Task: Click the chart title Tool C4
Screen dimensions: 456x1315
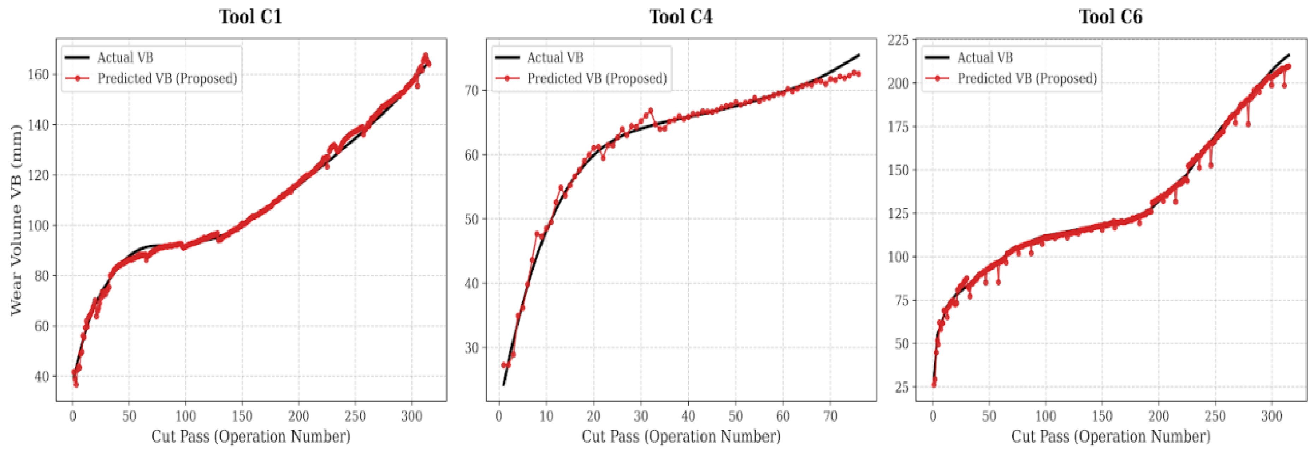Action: pyautogui.click(x=681, y=17)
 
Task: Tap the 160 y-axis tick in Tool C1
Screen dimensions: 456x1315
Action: pyautogui.click(x=38, y=74)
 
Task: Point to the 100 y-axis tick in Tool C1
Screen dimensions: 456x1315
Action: pyautogui.click(x=38, y=226)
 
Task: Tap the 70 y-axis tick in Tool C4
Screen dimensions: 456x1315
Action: pyautogui.click(x=472, y=90)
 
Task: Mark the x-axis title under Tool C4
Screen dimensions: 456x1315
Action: pyautogui.click(x=681, y=437)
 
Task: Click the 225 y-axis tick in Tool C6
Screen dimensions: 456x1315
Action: pyautogui.click(x=899, y=40)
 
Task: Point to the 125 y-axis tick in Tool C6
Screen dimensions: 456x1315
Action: pyautogui.click(x=899, y=213)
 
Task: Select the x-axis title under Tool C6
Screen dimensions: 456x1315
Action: pyautogui.click(x=1111, y=437)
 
